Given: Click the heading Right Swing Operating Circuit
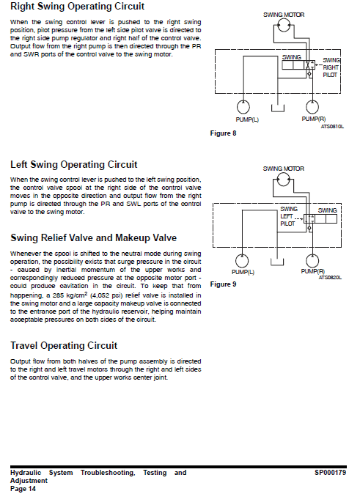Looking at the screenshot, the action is (77, 7).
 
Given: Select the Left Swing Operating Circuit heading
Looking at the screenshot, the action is (74, 165).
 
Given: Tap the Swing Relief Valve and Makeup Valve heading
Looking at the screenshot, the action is (93, 238).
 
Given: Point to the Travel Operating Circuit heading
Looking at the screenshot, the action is (64, 346).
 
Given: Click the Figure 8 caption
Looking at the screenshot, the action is (223, 133).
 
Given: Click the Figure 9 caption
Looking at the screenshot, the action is (223, 284).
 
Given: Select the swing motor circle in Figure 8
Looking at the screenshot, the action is (284, 25).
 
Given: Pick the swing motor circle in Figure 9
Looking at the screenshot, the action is (284, 180).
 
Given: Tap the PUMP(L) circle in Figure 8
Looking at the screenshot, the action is (243, 107).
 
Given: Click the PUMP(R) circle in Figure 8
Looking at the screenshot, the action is (312, 107).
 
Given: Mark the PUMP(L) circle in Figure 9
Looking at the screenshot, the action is (242, 261).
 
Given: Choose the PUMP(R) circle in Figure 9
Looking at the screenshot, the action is (312, 261).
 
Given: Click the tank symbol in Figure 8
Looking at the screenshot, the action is (278, 108).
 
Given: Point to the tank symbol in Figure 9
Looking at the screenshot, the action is (277, 262).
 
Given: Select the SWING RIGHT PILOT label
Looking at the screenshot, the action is (331, 67).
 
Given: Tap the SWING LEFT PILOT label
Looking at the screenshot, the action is (288, 216).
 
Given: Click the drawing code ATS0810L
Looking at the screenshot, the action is (332, 127).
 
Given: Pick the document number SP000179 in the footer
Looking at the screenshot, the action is (330, 473).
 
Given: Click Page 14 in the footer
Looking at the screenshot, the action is (23, 489).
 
